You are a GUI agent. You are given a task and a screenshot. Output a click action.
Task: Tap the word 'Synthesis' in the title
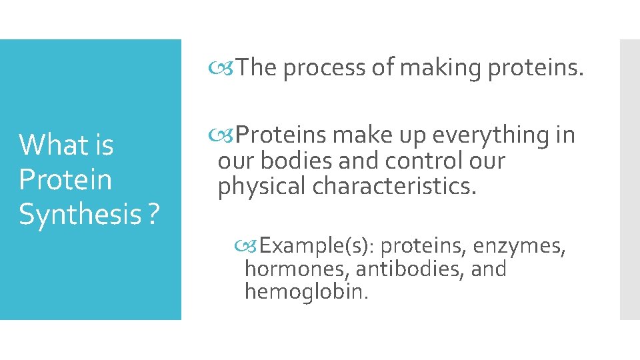[77, 214]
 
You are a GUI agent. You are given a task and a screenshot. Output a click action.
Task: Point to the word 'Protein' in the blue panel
[65, 179]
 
